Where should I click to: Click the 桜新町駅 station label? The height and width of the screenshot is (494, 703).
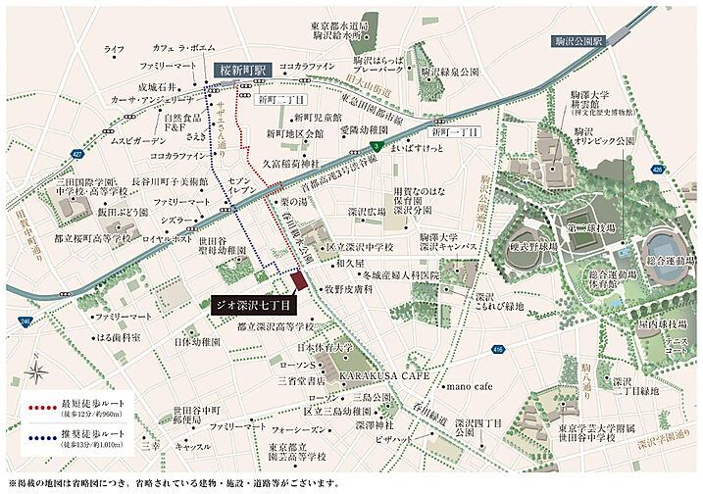pyautogui.click(x=241, y=72)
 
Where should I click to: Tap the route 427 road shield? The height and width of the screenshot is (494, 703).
pyautogui.click(x=76, y=153)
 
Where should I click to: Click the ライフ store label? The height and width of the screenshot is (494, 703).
pyautogui.click(x=114, y=48)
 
